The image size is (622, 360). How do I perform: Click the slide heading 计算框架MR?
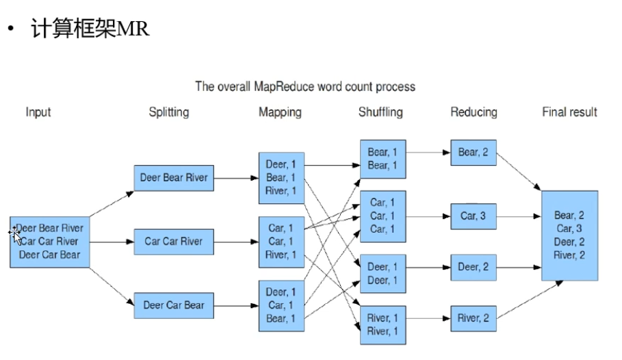point(90,29)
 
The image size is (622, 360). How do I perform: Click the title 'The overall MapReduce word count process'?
point(305,87)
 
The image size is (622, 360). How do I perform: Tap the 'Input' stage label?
point(38,112)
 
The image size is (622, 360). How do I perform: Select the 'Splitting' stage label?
point(169,112)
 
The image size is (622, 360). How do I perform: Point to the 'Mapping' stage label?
point(280,112)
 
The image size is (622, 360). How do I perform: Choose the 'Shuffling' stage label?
point(380,112)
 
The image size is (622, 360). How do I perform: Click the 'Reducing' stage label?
point(474,112)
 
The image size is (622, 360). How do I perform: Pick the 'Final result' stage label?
point(569,112)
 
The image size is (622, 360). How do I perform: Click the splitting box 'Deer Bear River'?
point(174,178)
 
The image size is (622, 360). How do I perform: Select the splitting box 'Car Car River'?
point(174,242)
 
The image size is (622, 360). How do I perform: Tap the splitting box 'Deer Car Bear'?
point(174,305)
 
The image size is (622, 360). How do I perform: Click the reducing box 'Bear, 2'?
point(474,152)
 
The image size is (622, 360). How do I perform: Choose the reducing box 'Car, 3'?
point(474,216)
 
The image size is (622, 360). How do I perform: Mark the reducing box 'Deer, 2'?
point(474,267)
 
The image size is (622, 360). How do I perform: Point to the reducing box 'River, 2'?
point(474,318)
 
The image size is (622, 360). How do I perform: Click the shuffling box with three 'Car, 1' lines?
point(383,216)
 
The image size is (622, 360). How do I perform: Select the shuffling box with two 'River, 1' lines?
point(383,324)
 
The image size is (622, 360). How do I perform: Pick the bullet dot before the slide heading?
point(10,30)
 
